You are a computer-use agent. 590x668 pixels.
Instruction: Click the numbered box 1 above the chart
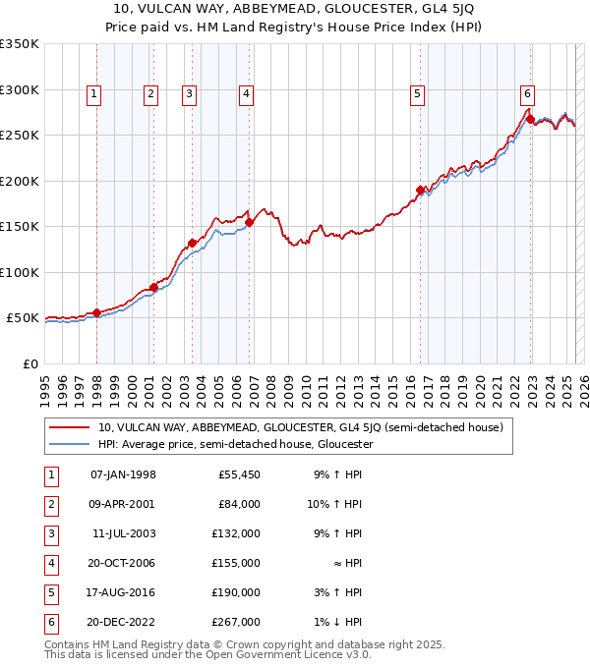click(x=93, y=94)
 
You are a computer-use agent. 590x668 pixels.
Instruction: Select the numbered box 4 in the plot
click(x=245, y=94)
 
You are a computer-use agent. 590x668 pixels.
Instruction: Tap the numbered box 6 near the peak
click(x=528, y=94)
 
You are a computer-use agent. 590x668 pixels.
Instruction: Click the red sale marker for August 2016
click(x=420, y=190)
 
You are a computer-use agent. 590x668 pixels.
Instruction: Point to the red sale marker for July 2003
click(x=193, y=243)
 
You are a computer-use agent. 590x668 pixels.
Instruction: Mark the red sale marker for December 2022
click(x=531, y=120)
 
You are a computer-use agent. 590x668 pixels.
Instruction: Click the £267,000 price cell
click(x=238, y=621)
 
